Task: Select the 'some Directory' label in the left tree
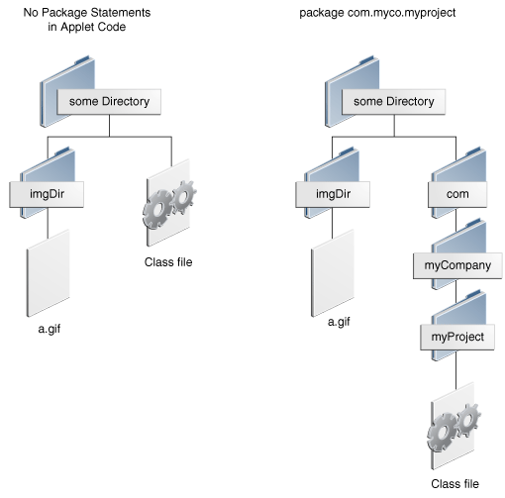pos(108,102)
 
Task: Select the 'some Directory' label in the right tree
pos(394,102)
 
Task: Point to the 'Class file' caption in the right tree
pos(454,484)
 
